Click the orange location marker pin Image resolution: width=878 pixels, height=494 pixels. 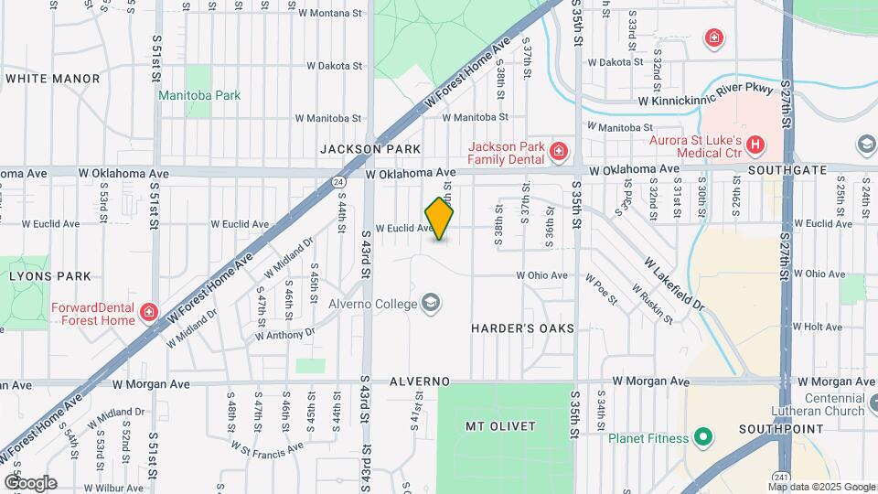point(440,219)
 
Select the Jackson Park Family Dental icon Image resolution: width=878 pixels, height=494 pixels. point(557,151)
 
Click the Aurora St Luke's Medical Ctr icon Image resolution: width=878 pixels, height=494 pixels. point(755,145)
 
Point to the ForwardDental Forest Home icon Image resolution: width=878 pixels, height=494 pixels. point(148,315)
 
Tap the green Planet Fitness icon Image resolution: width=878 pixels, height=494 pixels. point(702,438)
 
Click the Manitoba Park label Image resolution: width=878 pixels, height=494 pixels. point(198,95)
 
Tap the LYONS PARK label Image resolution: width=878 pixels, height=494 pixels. point(49,275)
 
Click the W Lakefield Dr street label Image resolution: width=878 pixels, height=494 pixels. point(674,284)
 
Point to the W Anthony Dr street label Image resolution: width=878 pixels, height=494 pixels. point(290,335)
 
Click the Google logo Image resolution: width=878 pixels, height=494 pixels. point(30,482)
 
